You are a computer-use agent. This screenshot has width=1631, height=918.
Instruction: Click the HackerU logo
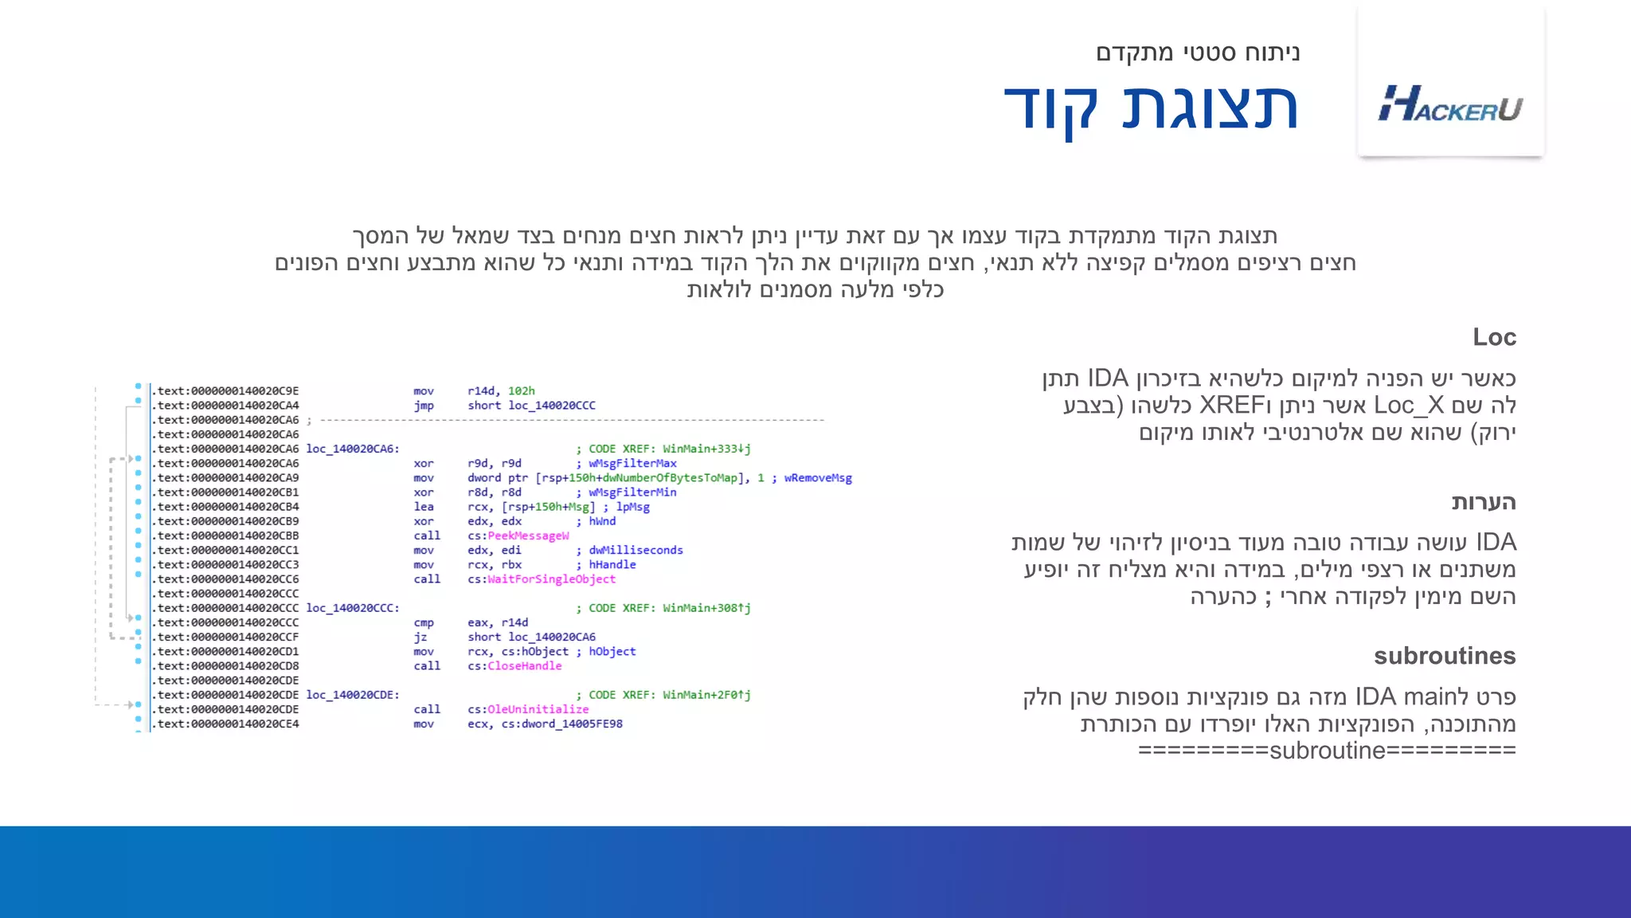(1450, 104)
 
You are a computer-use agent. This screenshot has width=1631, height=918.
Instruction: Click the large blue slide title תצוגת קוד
(1151, 108)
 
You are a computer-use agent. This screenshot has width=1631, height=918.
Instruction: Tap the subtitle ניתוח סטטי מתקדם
(1198, 53)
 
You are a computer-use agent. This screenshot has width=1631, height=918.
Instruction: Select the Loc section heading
(1494, 337)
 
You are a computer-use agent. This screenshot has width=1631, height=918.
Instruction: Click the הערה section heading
(1483, 502)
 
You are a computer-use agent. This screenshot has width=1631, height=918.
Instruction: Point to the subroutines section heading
(1444, 656)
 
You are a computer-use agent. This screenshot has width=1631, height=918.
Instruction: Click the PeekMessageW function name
(528, 535)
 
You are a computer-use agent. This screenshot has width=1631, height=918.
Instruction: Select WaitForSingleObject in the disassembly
(551, 579)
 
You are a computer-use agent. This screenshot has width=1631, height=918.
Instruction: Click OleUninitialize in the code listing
(538, 709)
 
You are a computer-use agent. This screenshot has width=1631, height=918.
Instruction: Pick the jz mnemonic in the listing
(420, 637)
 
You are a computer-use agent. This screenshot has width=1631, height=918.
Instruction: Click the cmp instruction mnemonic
(424, 622)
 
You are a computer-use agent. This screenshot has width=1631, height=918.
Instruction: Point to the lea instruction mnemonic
(423, 507)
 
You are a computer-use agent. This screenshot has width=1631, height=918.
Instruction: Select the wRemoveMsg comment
(818, 478)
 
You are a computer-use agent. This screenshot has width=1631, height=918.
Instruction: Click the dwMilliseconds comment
(636, 550)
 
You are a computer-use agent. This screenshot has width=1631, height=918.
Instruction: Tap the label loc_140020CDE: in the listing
(353, 695)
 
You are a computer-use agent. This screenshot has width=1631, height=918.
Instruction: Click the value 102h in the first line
(522, 391)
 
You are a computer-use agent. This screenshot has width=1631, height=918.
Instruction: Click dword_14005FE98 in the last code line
(572, 724)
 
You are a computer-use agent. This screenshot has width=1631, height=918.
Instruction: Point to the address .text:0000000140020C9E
(226, 391)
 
